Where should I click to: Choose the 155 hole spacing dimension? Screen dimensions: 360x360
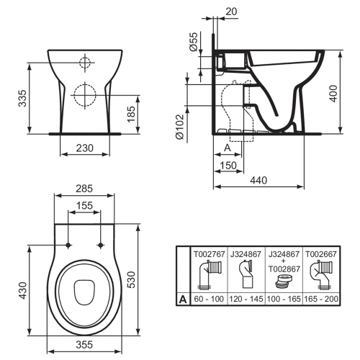(x=85, y=205)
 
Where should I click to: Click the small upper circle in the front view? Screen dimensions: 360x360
(x=85, y=62)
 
